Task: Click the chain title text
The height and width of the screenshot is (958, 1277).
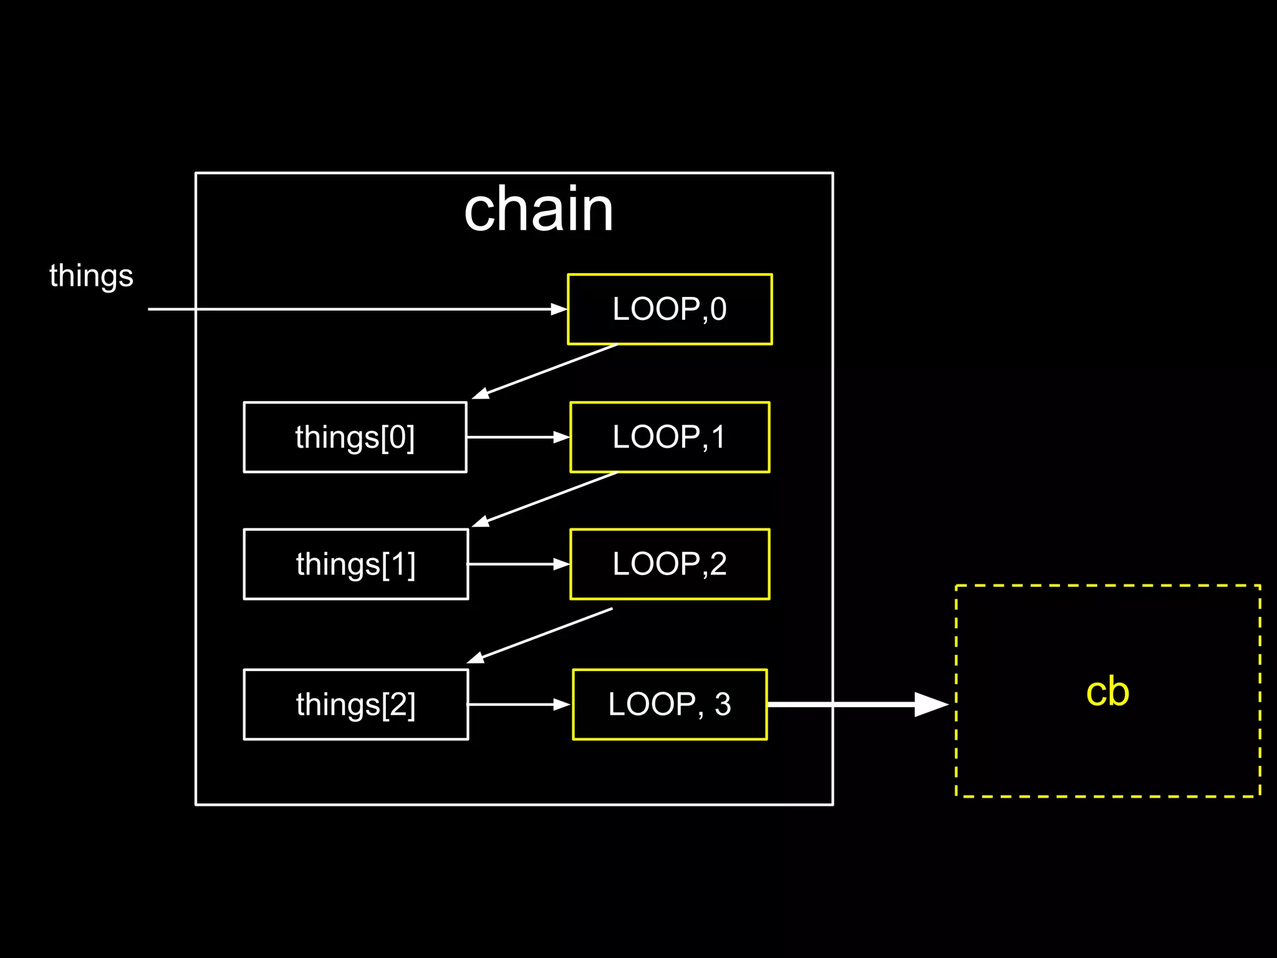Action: coord(539,210)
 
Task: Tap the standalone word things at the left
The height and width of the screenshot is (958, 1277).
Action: coord(91,275)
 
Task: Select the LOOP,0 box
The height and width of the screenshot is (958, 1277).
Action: coord(670,309)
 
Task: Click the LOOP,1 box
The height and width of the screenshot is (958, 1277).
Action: coord(670,437)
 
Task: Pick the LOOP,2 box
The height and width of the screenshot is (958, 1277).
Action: coord(670,564)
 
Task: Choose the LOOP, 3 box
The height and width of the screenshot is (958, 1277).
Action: coord(670,704)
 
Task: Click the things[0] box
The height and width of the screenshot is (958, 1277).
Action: coord(355,437)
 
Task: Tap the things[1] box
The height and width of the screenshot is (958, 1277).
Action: coord(355,564)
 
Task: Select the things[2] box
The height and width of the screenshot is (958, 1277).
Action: coord(355,704)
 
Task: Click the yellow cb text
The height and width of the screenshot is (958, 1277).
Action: coord(1107,692)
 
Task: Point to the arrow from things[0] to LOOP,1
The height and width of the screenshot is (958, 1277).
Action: coord(518,437)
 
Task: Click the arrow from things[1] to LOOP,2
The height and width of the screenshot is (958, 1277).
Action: coord(518,564)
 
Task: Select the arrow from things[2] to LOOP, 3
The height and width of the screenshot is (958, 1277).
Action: coord(518,704)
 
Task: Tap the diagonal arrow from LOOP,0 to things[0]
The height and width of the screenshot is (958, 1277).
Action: coord(545,371)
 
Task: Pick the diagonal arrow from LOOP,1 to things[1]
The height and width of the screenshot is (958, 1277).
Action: coord(545,500)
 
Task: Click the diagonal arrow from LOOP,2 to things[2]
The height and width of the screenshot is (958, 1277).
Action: coord(540,636)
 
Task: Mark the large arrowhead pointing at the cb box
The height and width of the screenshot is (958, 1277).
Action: coord(930,704)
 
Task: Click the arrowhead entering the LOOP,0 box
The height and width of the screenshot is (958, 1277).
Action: coord(559,309)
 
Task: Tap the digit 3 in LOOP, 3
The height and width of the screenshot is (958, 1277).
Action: coord(723,705)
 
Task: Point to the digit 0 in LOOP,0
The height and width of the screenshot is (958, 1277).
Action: coord(719,309)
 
